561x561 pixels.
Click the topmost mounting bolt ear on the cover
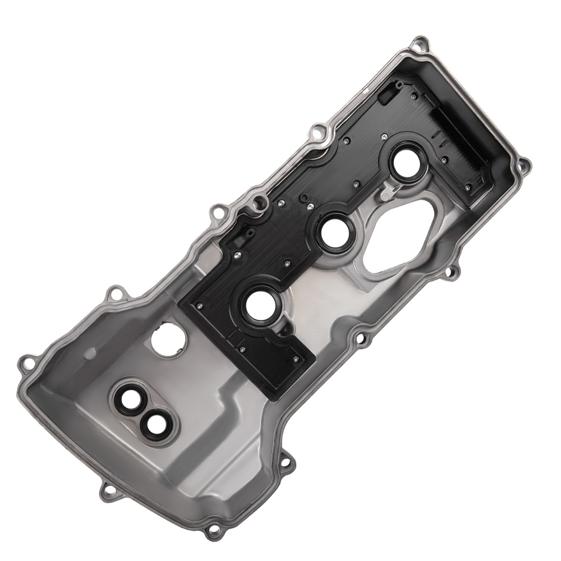[x=419, y=43]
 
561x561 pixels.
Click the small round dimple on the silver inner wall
[x=90, y=355]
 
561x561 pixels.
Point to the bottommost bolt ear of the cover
[x=213, y=530]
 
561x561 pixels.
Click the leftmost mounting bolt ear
[x=24, y=361]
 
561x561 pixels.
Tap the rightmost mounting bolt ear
[x=524, y=165]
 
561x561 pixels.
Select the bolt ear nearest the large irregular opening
[x=449, y=273]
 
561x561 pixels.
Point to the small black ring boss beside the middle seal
[x=304, y=199]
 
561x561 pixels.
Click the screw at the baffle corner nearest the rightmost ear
[x=467, y=187]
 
